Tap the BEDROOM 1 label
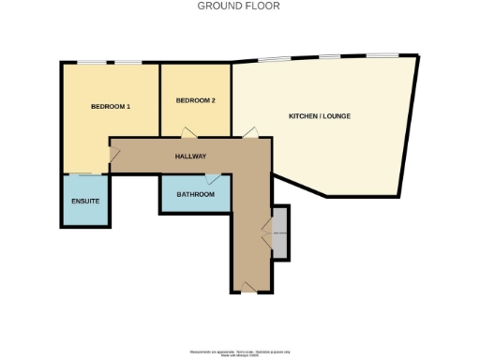click(110, 106)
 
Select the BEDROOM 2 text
click(196, 100)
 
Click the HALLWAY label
click(190, 157)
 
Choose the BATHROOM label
click(195, 195)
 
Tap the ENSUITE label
click(85, 202)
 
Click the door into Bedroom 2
click(188, 132)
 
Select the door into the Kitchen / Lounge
click(249, 133)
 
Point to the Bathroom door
click(213, 177)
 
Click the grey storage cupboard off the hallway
click(280, 231)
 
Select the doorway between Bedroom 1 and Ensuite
click(86, 174)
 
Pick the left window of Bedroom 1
click(92, 63)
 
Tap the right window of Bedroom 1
click(129, 63)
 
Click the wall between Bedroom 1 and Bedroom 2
click(159, 99)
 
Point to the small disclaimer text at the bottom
click(239, 352)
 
